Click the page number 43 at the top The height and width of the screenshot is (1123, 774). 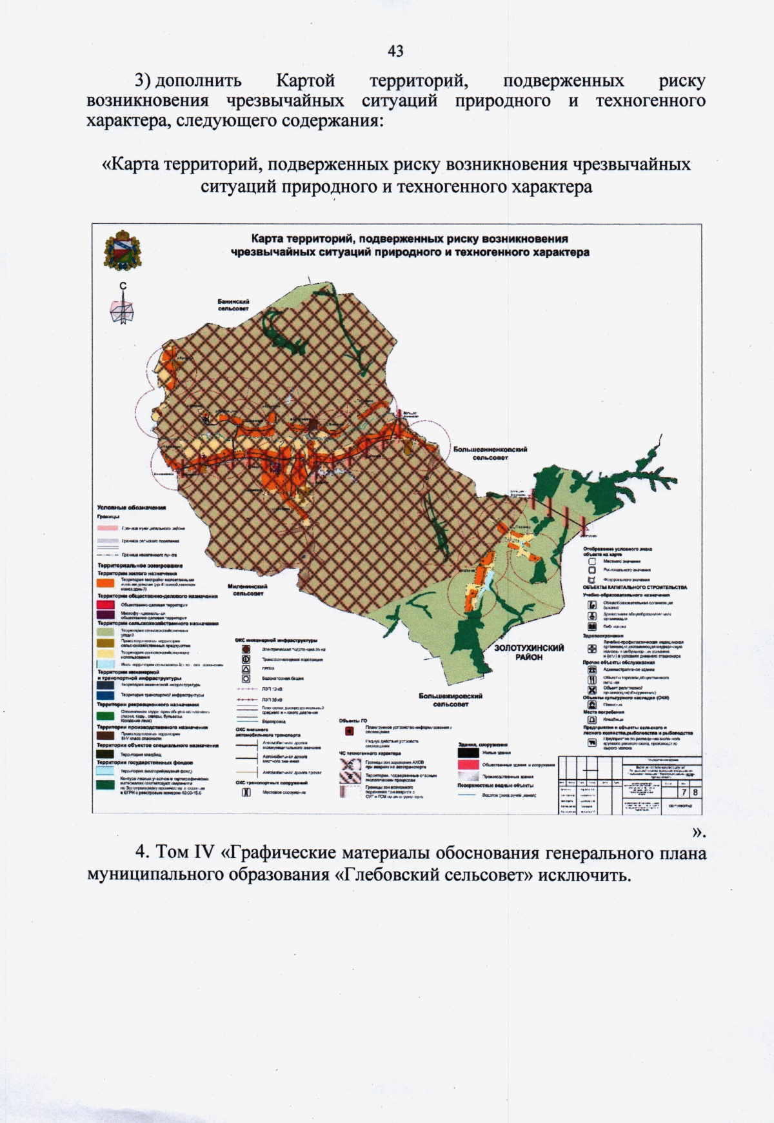395,51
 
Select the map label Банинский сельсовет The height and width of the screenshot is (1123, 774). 233,304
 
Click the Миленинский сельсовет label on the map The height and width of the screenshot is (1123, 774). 248,590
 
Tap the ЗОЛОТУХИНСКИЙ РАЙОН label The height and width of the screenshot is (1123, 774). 529,652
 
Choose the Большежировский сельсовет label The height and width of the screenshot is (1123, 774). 450,700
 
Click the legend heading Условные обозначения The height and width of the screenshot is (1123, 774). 132,508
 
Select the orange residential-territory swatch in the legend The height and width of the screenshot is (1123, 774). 106,582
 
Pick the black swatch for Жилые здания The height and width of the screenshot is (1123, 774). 468,752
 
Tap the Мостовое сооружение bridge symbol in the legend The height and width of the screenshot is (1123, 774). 246,792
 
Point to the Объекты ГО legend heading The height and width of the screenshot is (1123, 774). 353,721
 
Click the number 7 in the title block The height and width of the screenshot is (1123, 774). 684,792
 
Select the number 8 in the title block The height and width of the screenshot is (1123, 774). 695,792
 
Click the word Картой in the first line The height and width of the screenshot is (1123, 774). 305,81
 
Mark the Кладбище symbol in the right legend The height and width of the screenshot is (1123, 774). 591,719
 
